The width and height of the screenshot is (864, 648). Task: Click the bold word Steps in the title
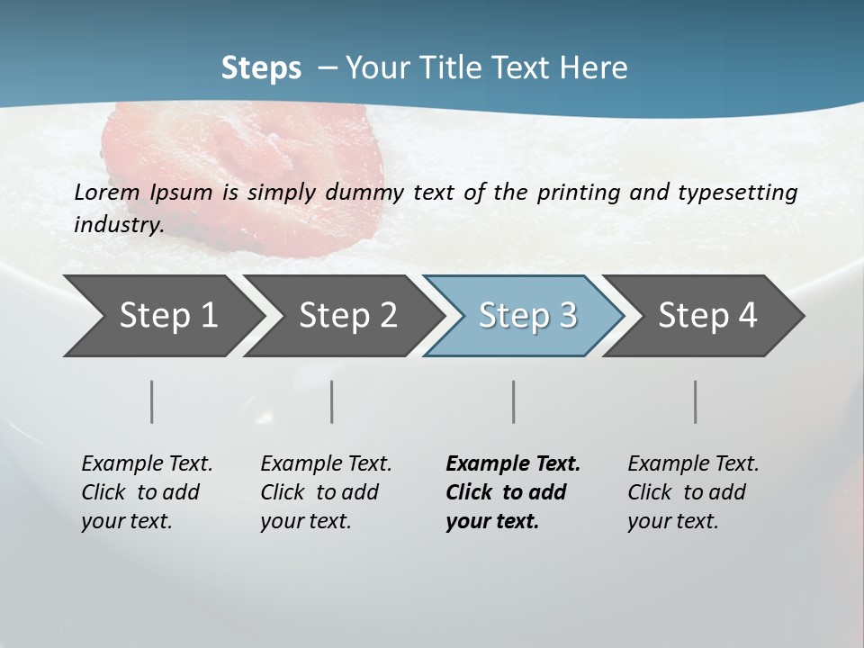tap(261, 68)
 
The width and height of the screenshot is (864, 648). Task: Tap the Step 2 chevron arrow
tap(342, 316)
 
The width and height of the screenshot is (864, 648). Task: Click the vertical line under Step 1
tap(152, 401)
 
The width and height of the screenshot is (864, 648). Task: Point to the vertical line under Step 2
tap(332, 401)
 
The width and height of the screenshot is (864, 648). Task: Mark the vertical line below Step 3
tap(514, 401)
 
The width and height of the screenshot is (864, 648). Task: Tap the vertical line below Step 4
tap(696, 401)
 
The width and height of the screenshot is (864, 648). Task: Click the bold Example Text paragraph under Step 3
tap(513, 492)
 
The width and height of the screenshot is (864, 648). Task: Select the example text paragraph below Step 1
tap(147, 492)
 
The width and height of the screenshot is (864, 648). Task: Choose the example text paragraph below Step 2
tap(326, 492)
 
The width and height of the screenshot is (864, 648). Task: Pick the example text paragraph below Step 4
tap(693, 492)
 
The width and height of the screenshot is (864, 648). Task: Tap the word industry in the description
tap(119, 225)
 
